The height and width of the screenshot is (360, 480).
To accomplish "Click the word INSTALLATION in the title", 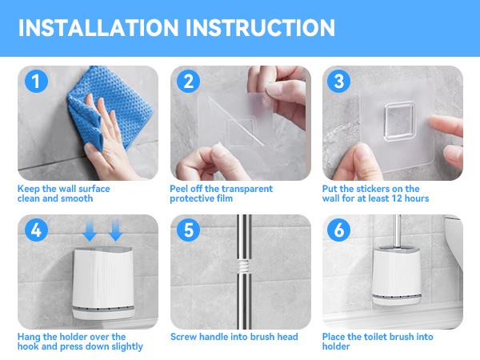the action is point(98,28).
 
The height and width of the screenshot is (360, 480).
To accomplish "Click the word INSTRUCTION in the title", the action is point(261,28).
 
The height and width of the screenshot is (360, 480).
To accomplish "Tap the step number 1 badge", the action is point(36,81).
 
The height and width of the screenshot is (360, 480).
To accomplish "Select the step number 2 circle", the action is point(188,81).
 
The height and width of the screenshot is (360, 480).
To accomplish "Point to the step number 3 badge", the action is point(338,81).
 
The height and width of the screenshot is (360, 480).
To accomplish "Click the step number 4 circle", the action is point(36,230).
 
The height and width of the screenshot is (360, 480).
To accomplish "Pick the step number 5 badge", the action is point(188,230).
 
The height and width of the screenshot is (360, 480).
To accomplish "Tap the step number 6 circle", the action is point(338,230).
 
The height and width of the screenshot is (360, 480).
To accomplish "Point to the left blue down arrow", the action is point(90,230).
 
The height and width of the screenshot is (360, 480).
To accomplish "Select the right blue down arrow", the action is point(116,230).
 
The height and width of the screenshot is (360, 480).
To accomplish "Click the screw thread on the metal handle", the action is point(244,266).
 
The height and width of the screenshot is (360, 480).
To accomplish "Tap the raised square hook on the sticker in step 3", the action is point(400,122).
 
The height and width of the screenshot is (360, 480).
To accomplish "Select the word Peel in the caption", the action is point(179,189).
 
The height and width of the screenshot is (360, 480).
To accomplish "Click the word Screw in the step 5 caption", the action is point(183,337).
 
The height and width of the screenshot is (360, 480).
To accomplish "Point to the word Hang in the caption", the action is point(29,337).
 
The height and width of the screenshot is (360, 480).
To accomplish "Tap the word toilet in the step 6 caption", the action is point(375,337).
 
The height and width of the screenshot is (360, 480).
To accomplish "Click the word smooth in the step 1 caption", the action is point(77,198).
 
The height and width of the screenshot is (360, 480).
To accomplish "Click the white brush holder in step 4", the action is point(103,283).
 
